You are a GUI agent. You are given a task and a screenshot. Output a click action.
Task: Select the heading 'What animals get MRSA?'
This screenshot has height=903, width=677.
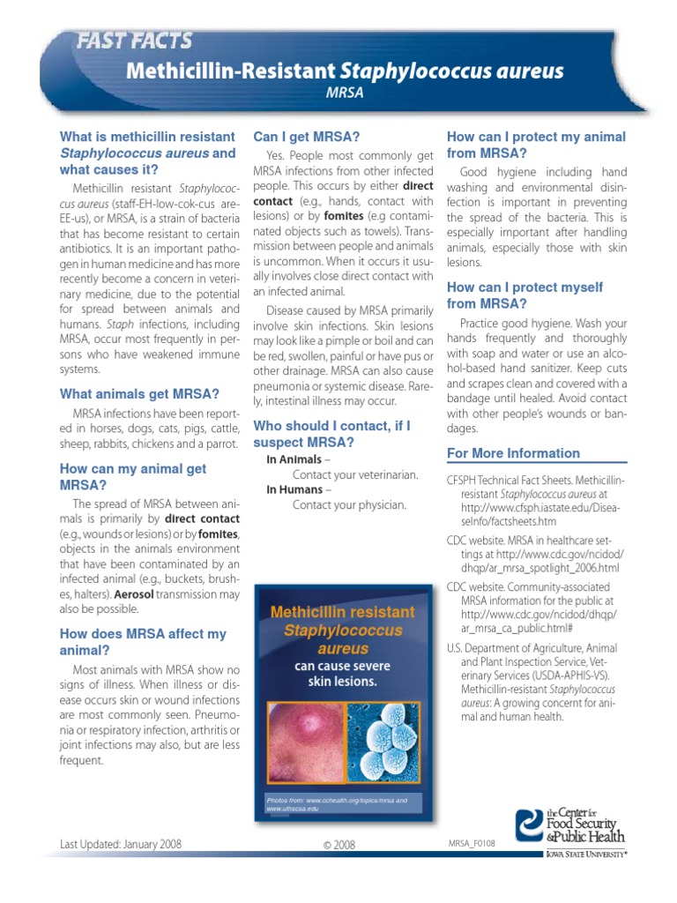(x=139, y=393)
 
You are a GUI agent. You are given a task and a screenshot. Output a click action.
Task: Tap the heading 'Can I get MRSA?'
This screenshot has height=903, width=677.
(x=306, y=136)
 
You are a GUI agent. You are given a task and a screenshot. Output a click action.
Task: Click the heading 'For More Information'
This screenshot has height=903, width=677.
(x=513, y=453)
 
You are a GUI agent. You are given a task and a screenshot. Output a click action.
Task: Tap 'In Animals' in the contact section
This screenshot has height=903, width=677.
(x=294, y=459)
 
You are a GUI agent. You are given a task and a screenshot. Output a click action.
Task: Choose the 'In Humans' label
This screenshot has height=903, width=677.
(x=295, y=489)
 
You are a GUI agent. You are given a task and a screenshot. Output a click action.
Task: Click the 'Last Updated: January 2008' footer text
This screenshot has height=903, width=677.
(x=120, y=844)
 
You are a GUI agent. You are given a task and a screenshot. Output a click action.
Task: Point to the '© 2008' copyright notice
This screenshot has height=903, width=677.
(x=338, y=845)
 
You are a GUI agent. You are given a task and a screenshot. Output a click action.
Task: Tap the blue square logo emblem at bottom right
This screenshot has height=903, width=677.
(x=530, y=828)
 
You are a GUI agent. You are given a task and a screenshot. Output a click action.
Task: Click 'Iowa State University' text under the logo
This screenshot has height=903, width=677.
(x=585, y=854)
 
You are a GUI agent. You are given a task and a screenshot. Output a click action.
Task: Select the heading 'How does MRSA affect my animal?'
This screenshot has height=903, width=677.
(x=143, y=642)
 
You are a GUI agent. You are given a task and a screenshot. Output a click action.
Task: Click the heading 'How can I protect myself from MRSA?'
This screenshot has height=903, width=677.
(x=524, y=295)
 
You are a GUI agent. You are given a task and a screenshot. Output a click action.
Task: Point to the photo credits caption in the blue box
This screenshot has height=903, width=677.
(x=337, y=803)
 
